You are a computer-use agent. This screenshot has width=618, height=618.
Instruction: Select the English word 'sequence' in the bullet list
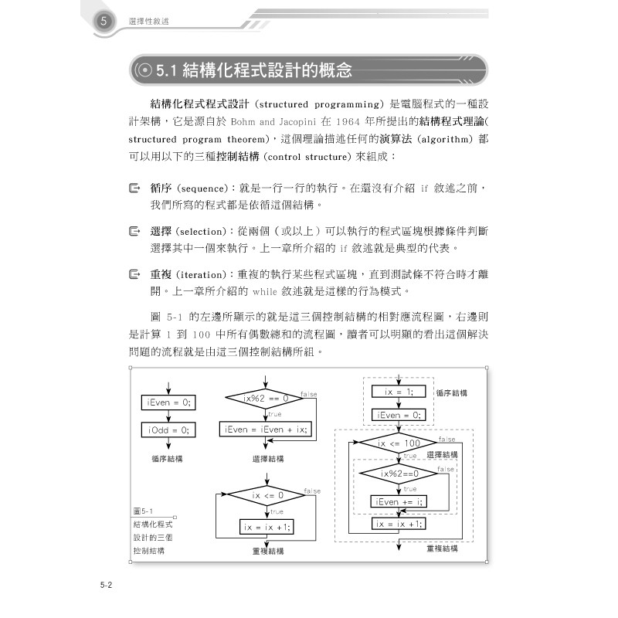tap(199, 188)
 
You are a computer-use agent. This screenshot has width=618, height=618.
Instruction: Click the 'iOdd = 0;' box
tap(168, 430)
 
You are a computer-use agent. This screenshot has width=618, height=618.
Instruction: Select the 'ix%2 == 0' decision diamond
tap(265, 399)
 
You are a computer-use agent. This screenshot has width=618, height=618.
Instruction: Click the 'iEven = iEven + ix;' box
tap(264, 430)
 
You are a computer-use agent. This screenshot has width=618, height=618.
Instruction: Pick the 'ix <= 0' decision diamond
tap(267, 495)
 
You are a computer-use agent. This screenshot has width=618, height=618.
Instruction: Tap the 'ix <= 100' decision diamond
tap(399, 443)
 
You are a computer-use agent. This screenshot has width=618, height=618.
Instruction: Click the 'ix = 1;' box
tap(399, 392)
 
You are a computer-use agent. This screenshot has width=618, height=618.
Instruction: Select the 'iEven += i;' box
tap(399, 502)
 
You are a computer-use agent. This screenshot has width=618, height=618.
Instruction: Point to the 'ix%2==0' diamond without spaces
tap(399, 473)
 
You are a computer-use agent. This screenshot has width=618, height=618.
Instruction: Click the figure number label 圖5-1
tap(144, 511)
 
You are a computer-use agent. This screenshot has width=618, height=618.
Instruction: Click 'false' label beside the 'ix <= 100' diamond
tap(446, 439)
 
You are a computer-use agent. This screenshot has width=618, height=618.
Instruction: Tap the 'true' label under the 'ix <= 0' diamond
tap(277, 511)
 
